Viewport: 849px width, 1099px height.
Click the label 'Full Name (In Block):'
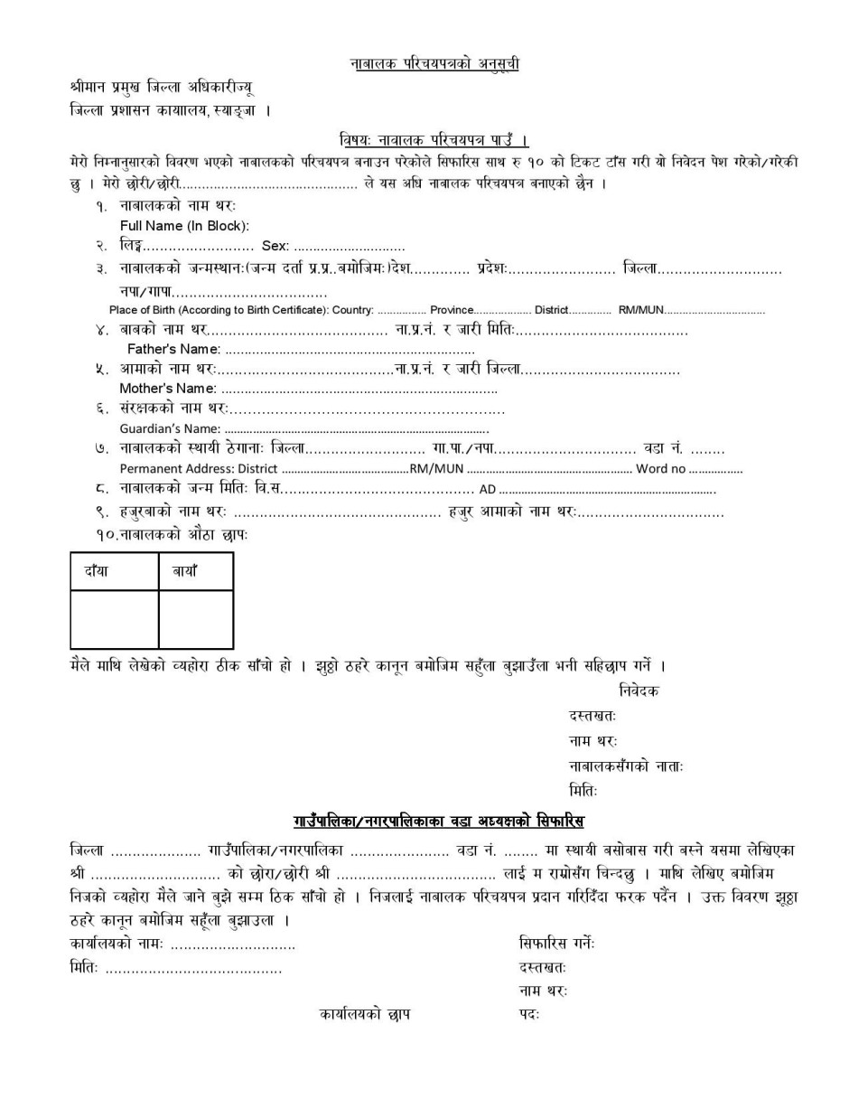[184, 226]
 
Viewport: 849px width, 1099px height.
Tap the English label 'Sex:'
[275, 246]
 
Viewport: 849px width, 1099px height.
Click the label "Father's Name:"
[173, 349]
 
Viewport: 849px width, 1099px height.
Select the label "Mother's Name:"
[168, 389]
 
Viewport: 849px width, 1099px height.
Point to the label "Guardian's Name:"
[170, 428]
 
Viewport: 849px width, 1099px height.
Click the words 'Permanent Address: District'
[199, 469]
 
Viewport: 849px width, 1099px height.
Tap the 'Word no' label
[661, 469]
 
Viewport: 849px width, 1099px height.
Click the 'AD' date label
[488, 490]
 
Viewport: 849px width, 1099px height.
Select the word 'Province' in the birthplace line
[452, 310]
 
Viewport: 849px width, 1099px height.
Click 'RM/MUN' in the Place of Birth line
[640, 310]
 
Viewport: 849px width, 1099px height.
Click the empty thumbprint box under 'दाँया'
[114, 619]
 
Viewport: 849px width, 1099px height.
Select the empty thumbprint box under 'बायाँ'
[195, 619]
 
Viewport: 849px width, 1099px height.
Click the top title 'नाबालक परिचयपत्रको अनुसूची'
[434, 64]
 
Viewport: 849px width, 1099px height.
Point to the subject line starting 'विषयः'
[434, 140]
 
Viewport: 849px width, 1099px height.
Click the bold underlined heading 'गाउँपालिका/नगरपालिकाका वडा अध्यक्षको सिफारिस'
[439, 822]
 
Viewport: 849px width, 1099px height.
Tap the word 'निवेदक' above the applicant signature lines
[639, 690]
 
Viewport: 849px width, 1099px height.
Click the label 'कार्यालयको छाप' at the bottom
[365, 1014]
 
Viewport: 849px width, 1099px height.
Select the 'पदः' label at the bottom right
[528, 1014]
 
